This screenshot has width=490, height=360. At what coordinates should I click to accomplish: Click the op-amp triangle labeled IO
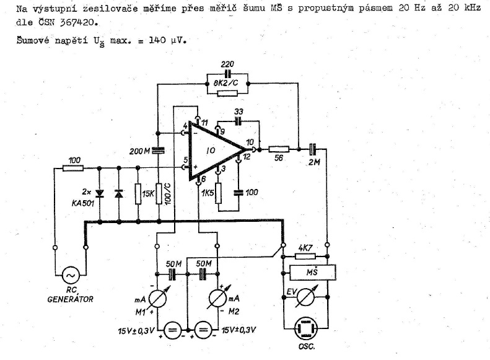pos(214,150)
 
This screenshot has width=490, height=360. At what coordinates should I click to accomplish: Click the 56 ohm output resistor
pos(279,149)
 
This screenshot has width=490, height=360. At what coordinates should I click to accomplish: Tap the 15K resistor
pos(139,193)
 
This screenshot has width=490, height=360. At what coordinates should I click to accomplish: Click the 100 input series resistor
pos(74,167)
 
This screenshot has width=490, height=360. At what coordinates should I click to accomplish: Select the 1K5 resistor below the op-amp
pos(218,193)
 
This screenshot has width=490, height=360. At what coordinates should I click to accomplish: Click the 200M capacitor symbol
pos(159,149)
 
